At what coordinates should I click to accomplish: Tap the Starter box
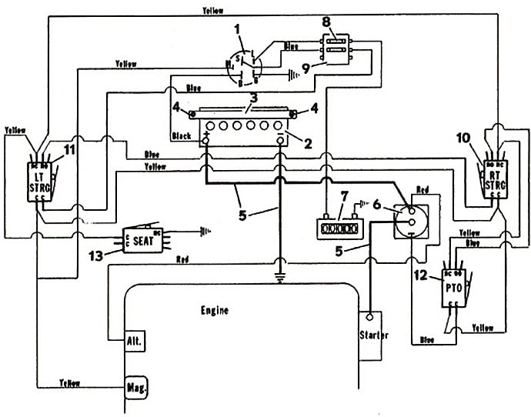tap(373, 335)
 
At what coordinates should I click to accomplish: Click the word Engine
tap(215, 311)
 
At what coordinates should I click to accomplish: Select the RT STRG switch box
tap(495, 183)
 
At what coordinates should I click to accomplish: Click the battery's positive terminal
tap(208, 139)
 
